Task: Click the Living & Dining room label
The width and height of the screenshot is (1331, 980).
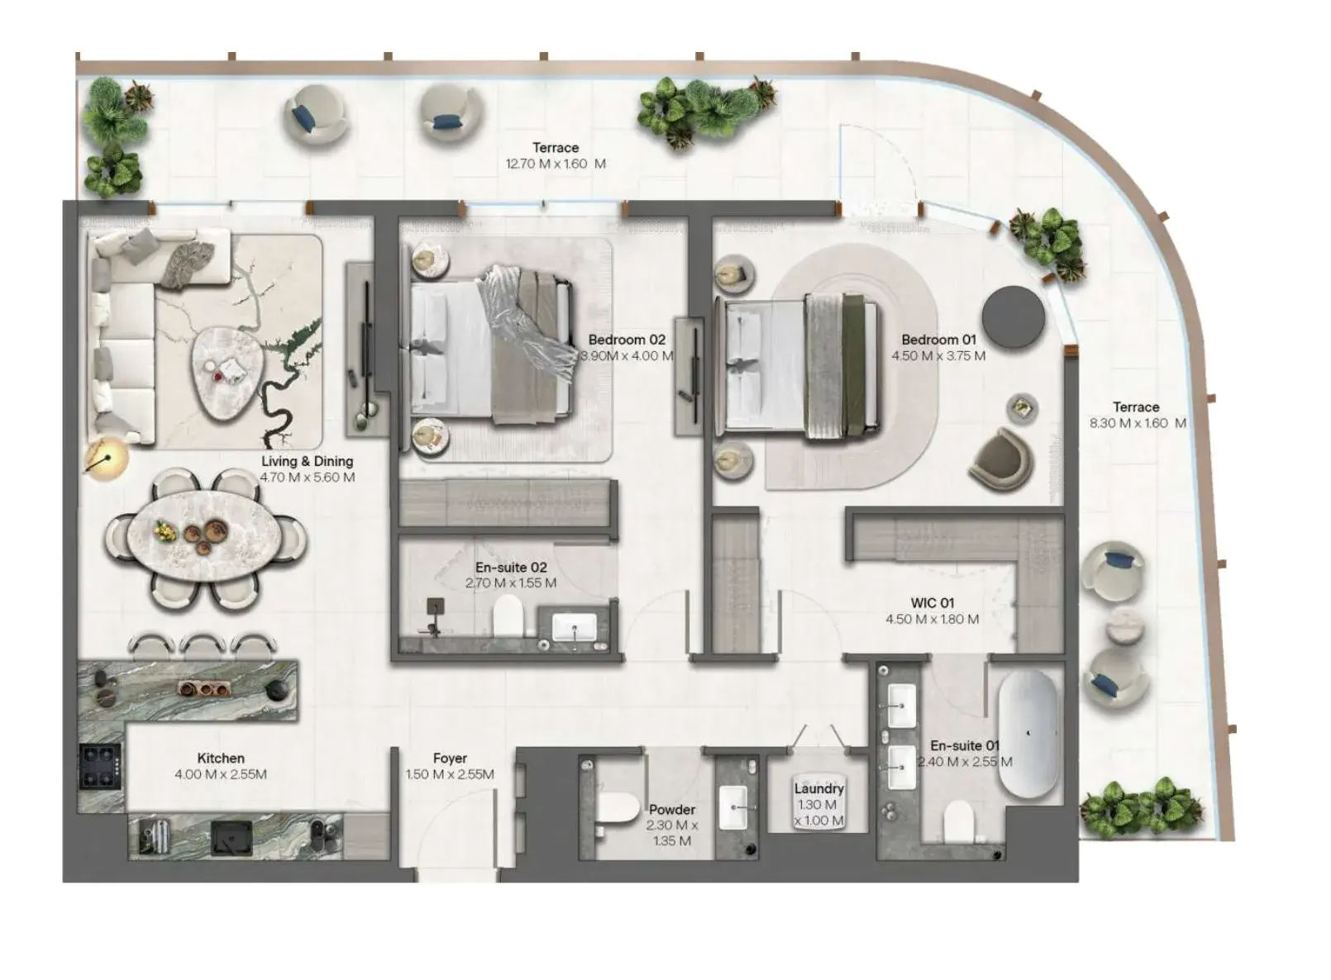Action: pos(308,461)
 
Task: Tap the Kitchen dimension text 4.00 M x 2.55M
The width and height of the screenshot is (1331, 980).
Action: pos(221,774)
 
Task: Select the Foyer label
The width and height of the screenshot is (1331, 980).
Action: pos(450,759)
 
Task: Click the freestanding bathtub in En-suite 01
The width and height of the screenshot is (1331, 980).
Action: pos(1028,734)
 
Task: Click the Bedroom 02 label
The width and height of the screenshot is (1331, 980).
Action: pos(627,340)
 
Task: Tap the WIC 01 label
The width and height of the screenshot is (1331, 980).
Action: pos(933,603)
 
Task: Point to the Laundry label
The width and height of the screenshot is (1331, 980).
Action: pos(818,789)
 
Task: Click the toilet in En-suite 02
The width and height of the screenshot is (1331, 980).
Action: pos(508,616)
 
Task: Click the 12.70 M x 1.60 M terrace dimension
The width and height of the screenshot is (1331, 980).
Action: pos(556,164)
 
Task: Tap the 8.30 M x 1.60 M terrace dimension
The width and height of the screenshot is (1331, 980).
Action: pos(1138,423)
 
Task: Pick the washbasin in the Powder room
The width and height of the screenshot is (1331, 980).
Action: pos(733,808)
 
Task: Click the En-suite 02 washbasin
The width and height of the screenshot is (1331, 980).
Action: pos(574,627)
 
